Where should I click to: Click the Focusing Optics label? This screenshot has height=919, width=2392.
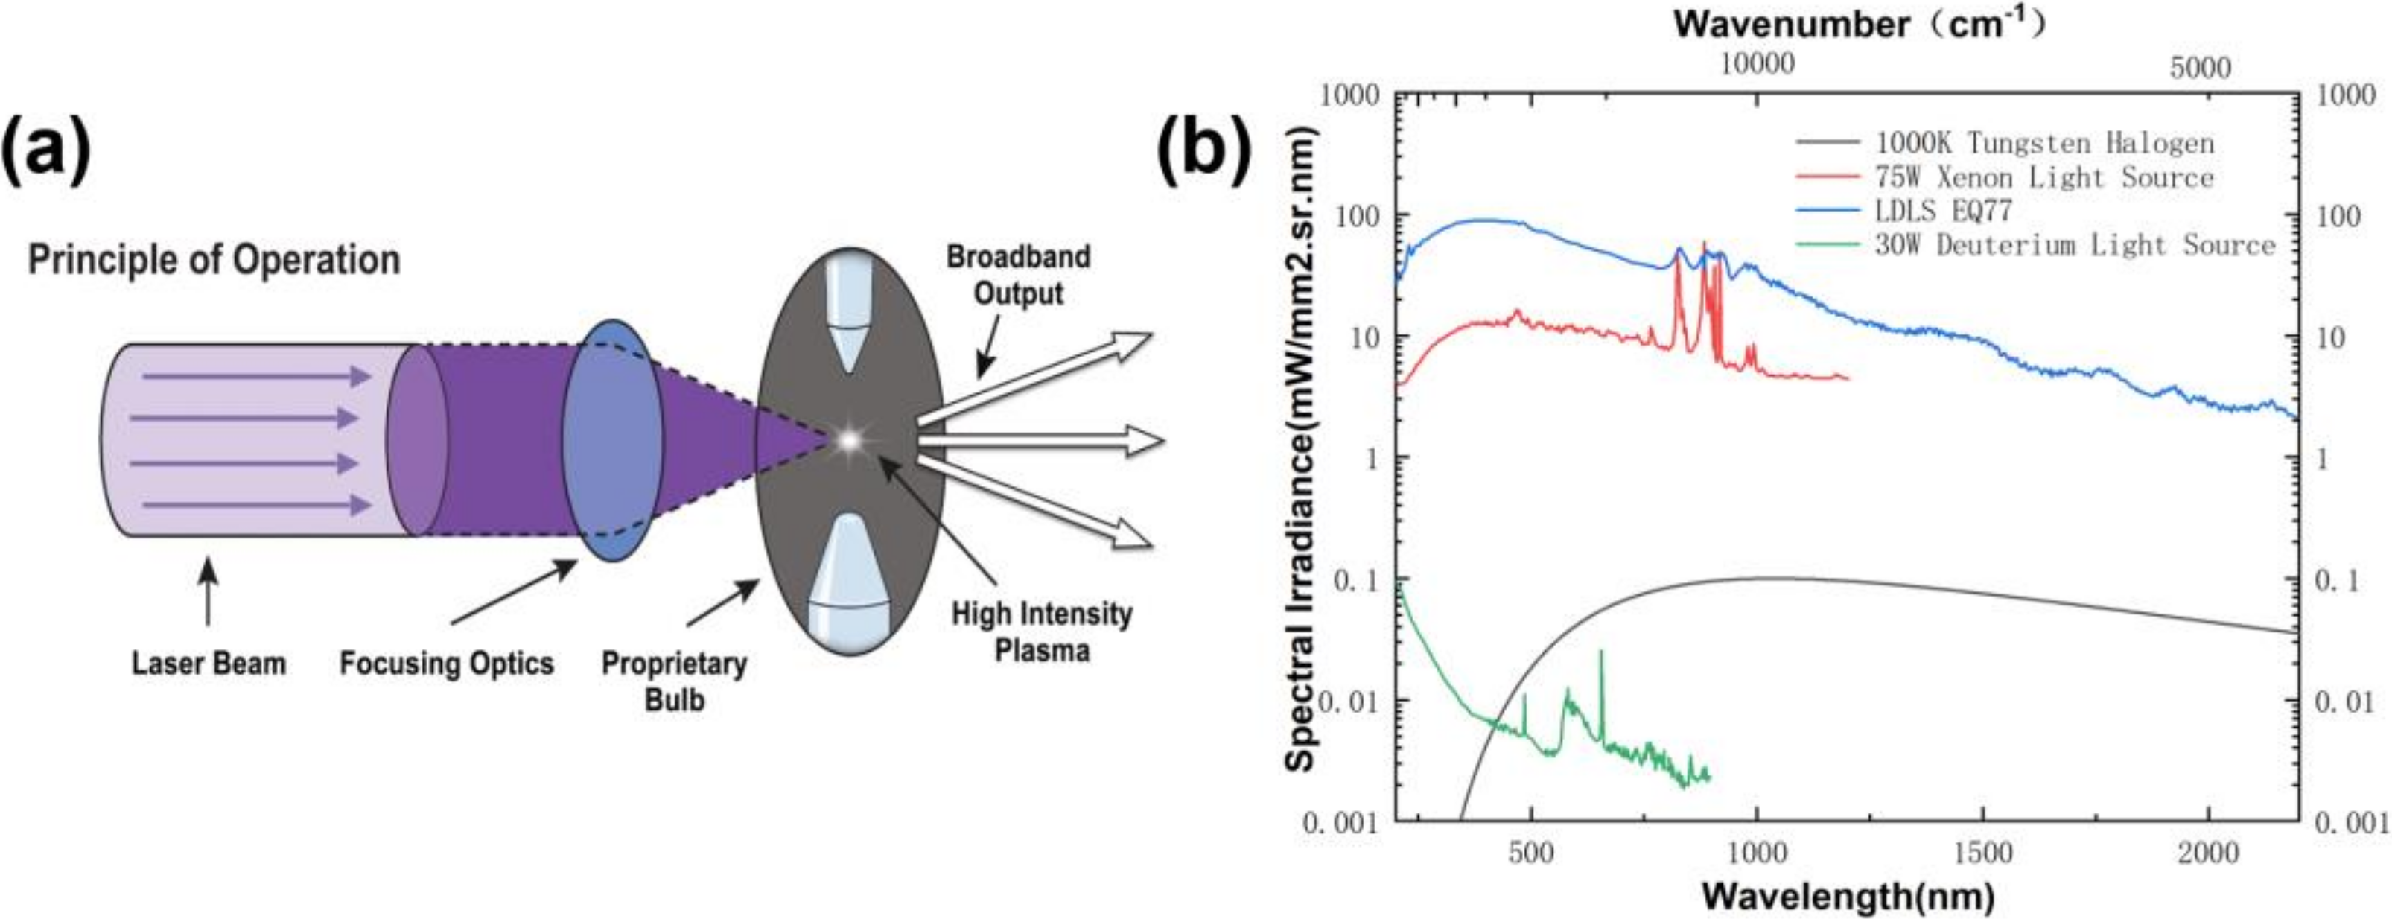pos(446,663)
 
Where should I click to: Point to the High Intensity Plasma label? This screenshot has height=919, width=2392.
pos(1042,632)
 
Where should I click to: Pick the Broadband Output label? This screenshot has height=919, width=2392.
pos(1018,275)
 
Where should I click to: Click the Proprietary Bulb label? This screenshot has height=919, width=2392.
pos(674,681)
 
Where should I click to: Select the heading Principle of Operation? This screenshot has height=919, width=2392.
pos(214,260)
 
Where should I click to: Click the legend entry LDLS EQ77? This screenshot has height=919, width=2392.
pos(1943,211)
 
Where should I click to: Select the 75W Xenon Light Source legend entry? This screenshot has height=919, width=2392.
pos(2043,177)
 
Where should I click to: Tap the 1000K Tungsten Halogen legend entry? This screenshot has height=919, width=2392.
pos(2043,143)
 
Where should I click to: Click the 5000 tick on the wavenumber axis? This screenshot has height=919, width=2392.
pos(2200,68)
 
